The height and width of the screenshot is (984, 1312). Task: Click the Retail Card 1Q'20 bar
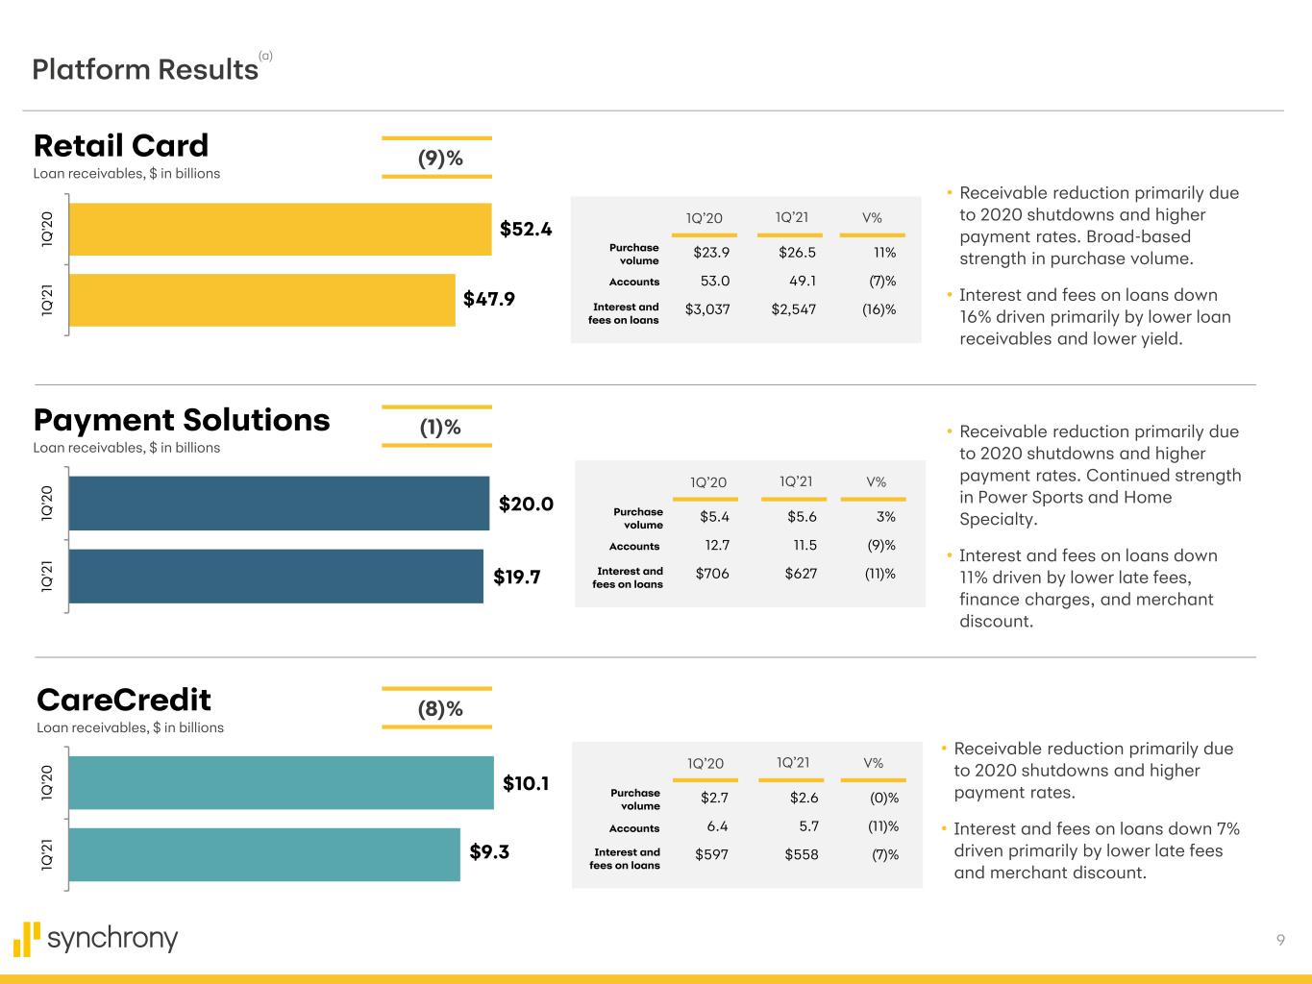pos(280,229)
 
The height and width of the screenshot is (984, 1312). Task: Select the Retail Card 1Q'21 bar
pos(261,300)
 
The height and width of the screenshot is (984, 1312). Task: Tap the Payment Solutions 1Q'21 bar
pos(276,576)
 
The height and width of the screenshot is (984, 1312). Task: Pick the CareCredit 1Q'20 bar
pos(281,782)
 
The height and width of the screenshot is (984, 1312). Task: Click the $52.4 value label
pos(526,229)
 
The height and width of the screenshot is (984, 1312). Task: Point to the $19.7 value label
pos(517,577)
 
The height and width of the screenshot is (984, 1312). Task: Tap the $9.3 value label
pos(489,851)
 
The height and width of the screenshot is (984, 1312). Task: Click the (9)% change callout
pos(439,159)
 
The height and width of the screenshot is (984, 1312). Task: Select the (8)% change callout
pos(439,709)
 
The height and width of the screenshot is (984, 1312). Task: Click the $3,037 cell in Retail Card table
pos(707,309)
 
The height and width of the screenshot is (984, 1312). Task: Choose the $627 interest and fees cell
pos(801,574)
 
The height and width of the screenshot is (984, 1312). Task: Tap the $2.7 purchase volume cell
pos(714,798)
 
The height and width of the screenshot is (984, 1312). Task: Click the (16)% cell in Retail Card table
pos(879,309)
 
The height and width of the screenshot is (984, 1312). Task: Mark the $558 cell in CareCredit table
pos(802,854)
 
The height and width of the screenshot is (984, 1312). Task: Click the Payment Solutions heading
pos(182,420)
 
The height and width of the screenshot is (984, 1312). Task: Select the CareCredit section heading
pos(123,700)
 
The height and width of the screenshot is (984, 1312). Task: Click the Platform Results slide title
pos(145,69)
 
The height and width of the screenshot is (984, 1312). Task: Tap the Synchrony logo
pos(96,939)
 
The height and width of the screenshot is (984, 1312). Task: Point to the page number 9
pos(1280,940)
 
